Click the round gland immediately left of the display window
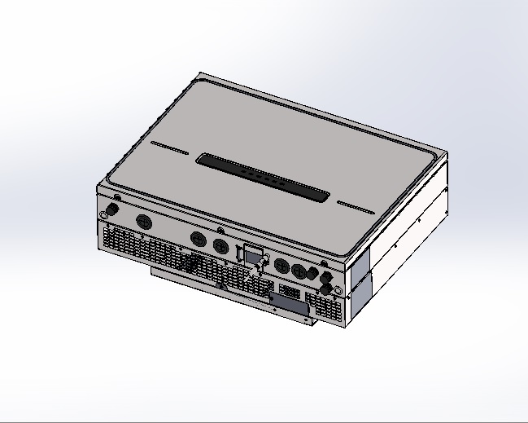(x=220, y=245)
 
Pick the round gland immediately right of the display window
(x=281, y=266)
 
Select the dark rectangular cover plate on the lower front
(x=288, y=302)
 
